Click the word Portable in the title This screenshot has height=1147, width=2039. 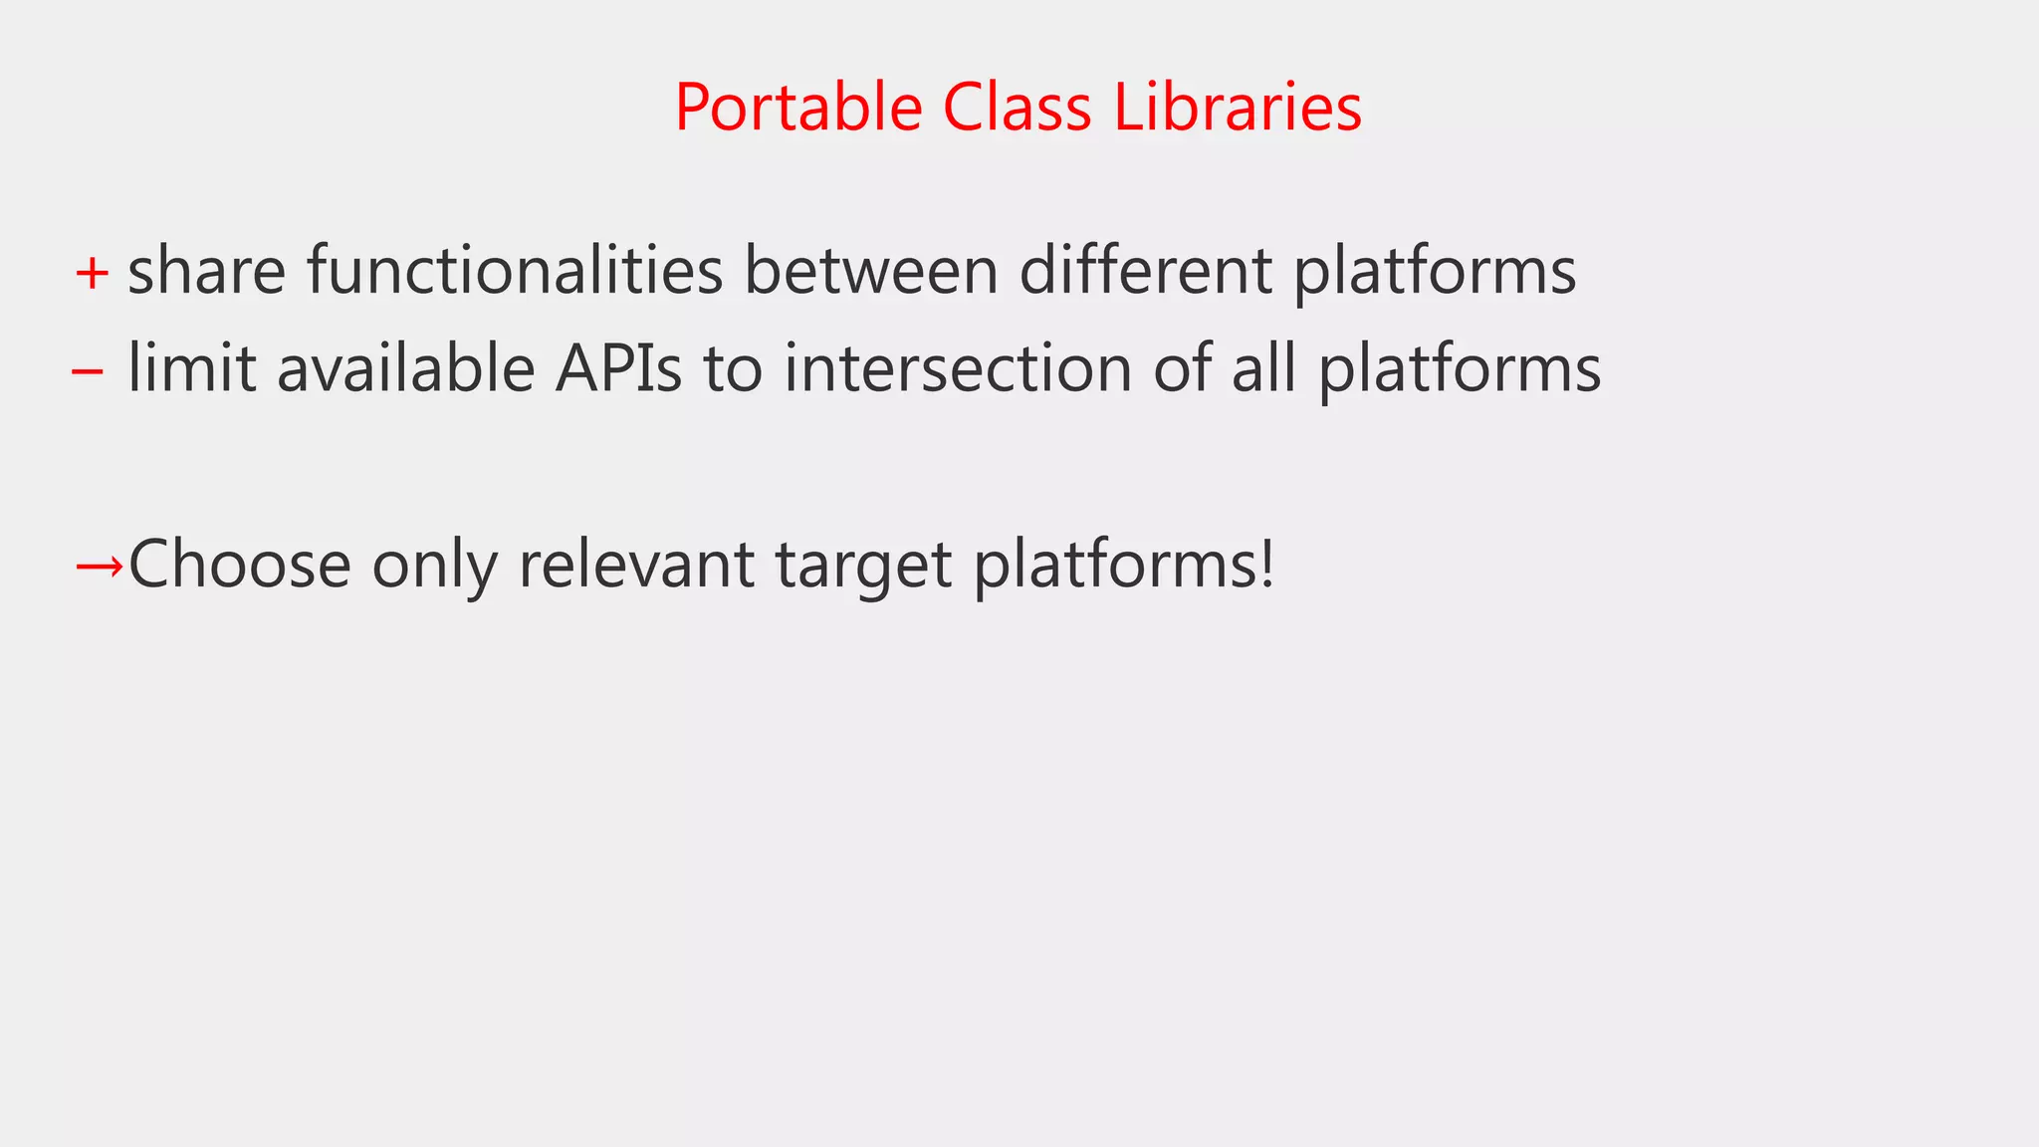(798, 108)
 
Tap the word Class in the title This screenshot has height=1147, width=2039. (1017, 108)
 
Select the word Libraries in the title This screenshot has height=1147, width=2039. (1238, 108)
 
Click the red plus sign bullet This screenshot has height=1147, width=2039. (92, 273)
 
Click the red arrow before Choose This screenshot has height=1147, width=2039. (100, 567)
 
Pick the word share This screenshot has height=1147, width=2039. (207, 271)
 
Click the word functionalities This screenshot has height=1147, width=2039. (515, 271)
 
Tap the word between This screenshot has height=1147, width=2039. (871, 271)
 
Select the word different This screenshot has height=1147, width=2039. (1146, 271)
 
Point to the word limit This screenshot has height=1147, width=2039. (192, 368)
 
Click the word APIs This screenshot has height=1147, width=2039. (618, 368)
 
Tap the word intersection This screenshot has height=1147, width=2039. (958, 368)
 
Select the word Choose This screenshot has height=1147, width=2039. (240, 565)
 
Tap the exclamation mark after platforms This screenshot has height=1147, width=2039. (1266, 563)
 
